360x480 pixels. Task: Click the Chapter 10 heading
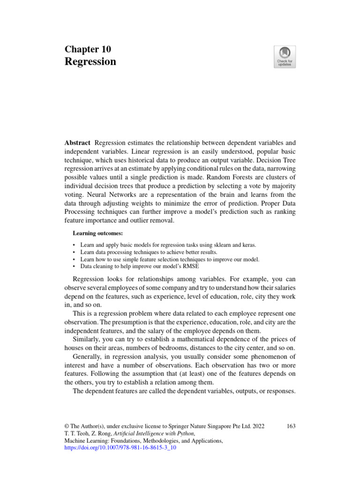click(88, 50)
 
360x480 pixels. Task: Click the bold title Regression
click(90, 62)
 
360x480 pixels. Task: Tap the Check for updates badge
click(285, 57)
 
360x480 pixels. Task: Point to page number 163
click(291, 426)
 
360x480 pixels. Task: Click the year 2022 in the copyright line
click(255, 426)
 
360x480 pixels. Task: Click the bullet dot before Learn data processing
click(75, 252)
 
